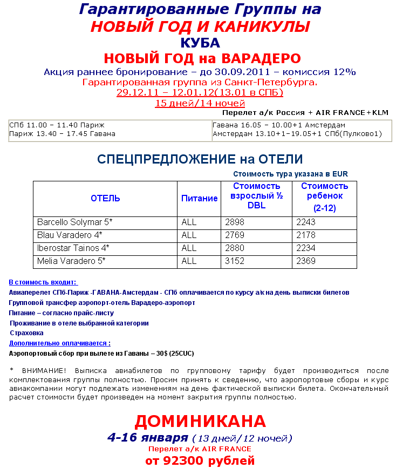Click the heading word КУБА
tap(200, 43)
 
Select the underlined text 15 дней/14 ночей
tap(200, 103)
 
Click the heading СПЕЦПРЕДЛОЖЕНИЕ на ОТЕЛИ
tap(200, 159)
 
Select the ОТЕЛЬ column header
tap(105, 198)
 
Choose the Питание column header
tap(199, 198)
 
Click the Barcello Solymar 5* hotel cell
tap(74, 222)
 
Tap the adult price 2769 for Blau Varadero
tap(235, 235)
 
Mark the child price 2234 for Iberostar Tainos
tap(306, 248)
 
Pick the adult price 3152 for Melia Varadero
tap(235, 261)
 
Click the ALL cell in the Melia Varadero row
tap(189, 261)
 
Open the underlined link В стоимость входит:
tap(44, 282)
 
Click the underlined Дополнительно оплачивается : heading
tap(60, 343)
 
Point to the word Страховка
tap(26, 333)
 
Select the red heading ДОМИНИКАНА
tap(200, 421)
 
